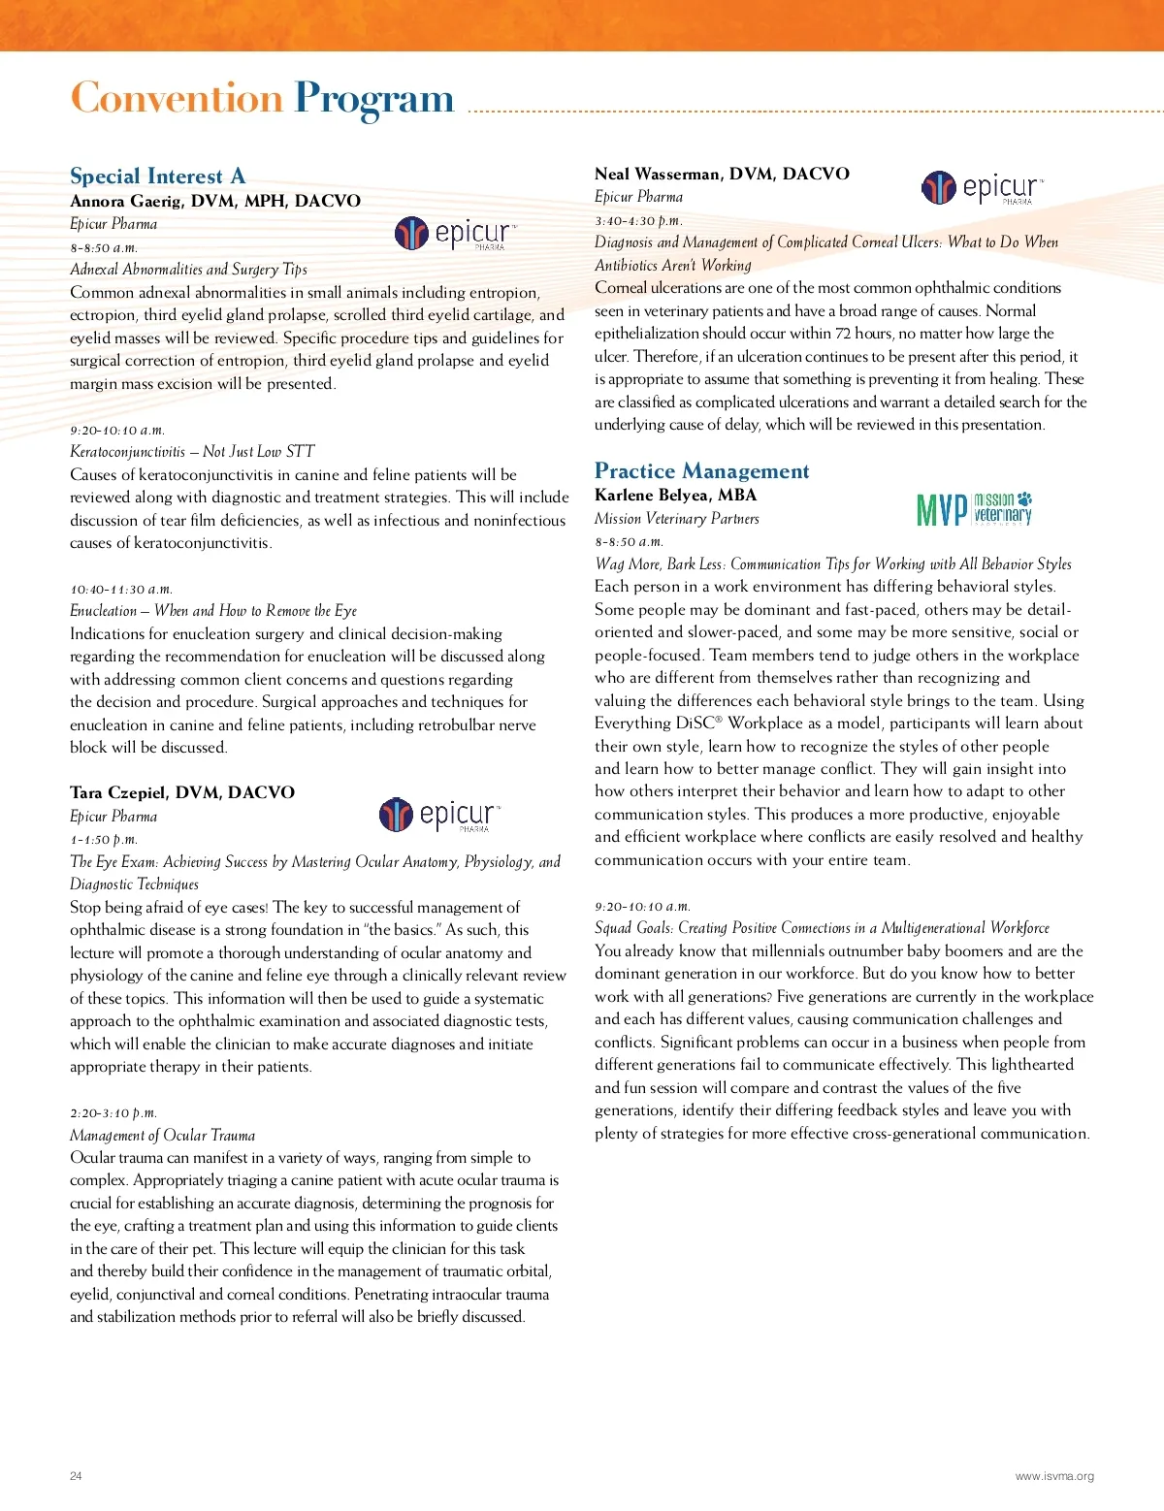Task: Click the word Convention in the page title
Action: (176, 99)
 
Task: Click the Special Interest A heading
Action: (157, 177)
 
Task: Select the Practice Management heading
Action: (701, 471)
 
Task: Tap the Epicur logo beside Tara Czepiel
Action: (439, 815)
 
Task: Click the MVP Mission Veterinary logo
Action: (974, 508)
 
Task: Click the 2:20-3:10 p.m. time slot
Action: (113, 1112)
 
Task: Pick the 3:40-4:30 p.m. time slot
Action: (638, 220)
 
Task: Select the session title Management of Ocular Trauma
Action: (162, 1135)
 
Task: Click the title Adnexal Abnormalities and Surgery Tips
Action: (188, 270)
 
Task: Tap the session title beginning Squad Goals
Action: (822, 928)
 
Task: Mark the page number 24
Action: (76, 1476)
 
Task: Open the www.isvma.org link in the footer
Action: (1054, 1476)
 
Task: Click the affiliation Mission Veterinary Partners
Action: (676, 519)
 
